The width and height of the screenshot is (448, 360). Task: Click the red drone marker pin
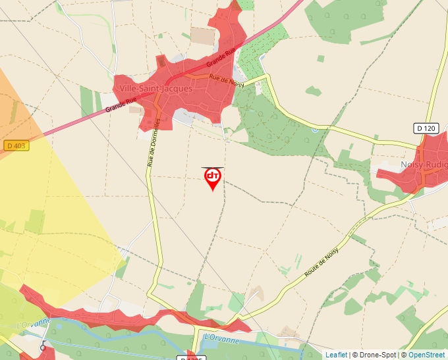point(213,178)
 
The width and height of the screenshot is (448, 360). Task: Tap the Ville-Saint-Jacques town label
point(156,89)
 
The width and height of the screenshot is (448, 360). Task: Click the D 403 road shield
point(16,145)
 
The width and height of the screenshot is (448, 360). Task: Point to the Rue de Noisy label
point(227,82)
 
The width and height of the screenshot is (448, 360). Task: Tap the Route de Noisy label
point(321,260)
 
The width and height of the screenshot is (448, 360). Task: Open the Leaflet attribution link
point(336,355)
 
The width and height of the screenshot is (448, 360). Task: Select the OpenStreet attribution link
point(428,355)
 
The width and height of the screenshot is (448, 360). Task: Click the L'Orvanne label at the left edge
point(34,322)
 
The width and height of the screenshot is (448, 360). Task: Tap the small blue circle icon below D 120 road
point(315,130)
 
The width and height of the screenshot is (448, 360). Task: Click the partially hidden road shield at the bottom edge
point(192,357)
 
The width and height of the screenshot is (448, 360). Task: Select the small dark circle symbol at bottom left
point(43,347)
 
